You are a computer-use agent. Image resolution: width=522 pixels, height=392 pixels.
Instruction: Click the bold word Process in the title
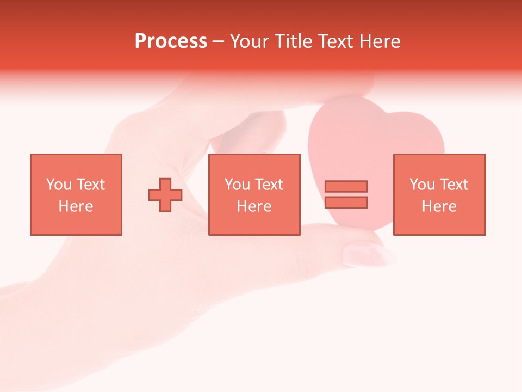click(171, 41)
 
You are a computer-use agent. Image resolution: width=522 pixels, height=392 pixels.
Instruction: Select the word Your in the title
click(250, 41)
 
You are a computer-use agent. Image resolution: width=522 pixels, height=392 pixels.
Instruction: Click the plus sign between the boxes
click(165, 194)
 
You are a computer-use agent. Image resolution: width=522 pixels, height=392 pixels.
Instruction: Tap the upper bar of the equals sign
click(346, 186)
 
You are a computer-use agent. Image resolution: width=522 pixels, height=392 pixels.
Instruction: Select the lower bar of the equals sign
click(346, 203)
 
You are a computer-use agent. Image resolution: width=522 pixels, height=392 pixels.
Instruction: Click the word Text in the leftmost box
click(91, 185)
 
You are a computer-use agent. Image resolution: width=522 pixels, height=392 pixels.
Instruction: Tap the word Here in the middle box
click(254, 206)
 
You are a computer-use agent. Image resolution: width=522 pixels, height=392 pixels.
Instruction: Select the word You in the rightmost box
click(422, 185)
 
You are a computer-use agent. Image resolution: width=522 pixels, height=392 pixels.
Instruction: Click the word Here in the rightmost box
click(439, 206)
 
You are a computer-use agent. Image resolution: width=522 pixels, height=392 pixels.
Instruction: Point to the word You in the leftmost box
click(59, 185)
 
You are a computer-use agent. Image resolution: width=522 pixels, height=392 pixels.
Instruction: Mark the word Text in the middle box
click(269, 185)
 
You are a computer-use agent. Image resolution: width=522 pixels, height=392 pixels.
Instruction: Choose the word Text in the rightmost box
click(454, 185)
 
